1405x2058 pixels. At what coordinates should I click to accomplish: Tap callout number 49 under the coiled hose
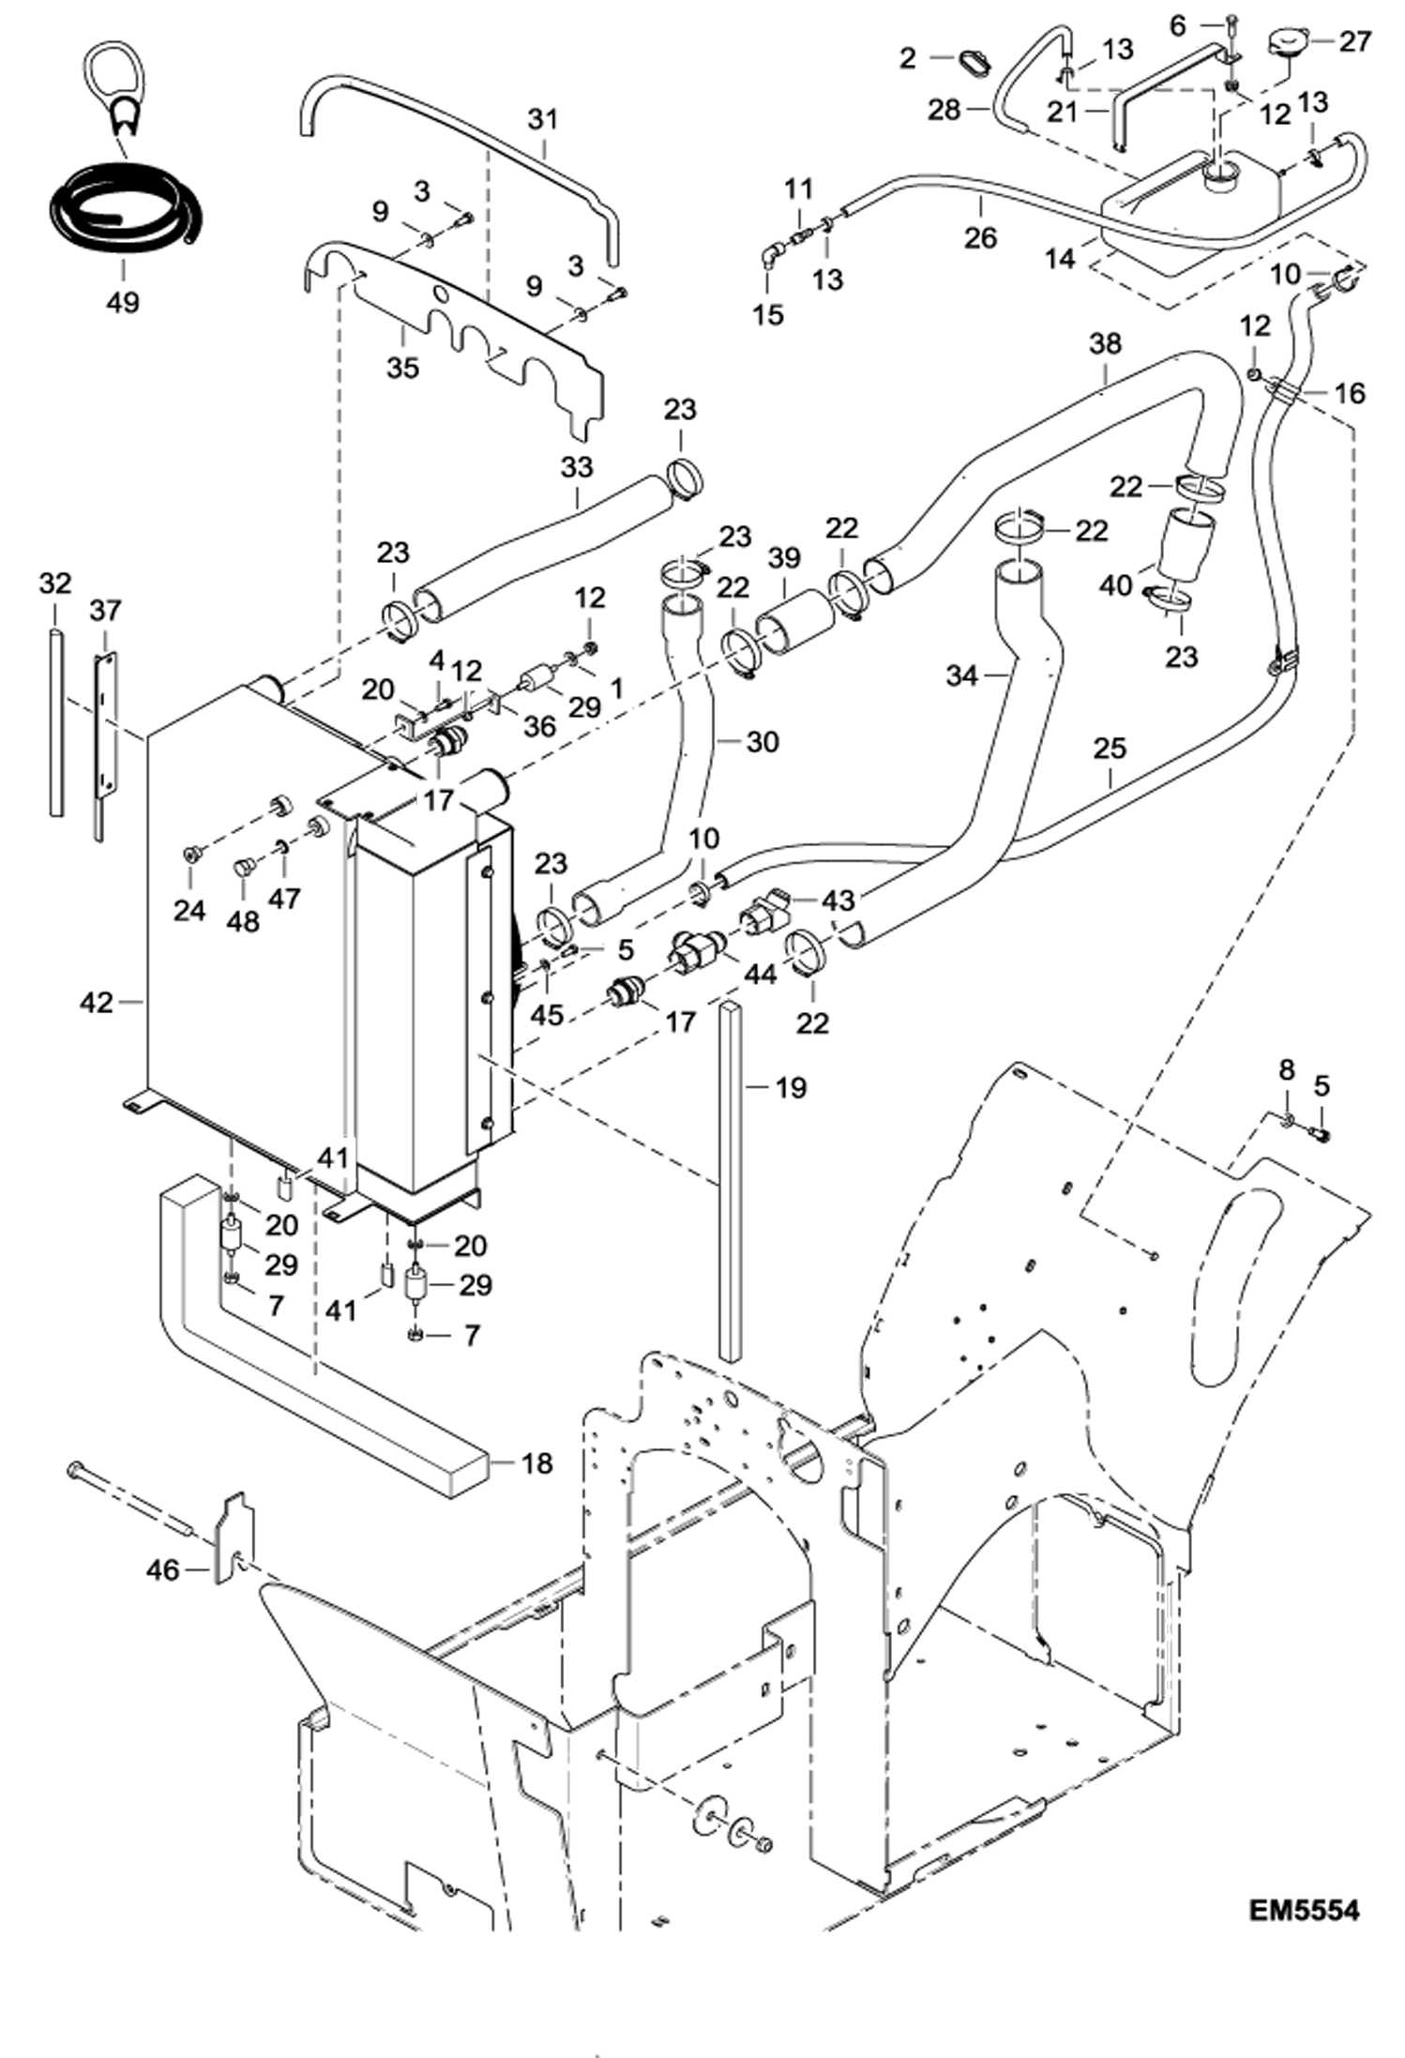(122, 302)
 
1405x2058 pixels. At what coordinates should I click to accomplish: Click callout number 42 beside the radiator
(96, 1003)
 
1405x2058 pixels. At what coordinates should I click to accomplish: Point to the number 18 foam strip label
(536, 1463)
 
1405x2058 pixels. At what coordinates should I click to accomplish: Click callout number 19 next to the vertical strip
(791, 1087)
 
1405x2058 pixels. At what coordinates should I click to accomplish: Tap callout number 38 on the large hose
(1105, 343)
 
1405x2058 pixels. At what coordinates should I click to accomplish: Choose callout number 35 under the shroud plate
(402, 367)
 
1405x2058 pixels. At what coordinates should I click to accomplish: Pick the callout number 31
(542, 119)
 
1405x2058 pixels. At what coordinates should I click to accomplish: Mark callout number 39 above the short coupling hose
(784, 558)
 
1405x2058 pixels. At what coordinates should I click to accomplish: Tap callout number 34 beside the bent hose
(961, 674)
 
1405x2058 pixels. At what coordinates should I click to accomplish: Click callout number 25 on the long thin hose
(1109, 749)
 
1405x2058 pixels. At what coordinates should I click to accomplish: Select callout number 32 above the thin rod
(55, 583)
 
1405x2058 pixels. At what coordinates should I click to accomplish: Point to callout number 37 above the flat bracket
(105, 611)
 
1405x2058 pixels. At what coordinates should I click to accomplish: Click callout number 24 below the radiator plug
(189, 909)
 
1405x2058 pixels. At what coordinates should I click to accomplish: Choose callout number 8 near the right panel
(1286, 1069)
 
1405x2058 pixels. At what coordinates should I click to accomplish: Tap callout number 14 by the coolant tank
(1060, 258)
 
